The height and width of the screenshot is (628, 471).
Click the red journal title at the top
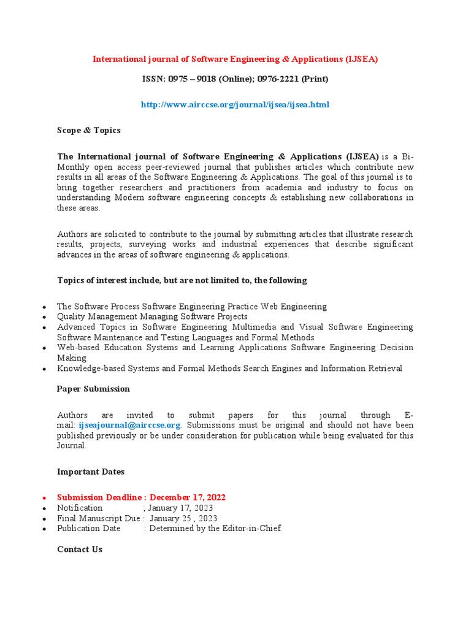pos(235,59)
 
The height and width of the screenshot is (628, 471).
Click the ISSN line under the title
pos(235,79)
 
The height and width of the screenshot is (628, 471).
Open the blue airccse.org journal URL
pos(235,105)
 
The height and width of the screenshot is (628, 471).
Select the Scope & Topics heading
pos(88,130)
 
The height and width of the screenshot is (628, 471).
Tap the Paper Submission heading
pos(93,389)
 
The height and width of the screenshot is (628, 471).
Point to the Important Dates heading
pos(91,472)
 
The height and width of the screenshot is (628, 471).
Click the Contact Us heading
pos(80,549)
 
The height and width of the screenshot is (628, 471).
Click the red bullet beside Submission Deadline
pos(45,498)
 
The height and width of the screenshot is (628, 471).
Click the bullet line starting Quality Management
pos(152,316)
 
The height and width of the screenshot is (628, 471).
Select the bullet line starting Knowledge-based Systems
pos(229,368)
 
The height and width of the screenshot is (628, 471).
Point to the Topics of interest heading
pos(182,280)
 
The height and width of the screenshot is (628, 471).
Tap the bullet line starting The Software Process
pos(191,306)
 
